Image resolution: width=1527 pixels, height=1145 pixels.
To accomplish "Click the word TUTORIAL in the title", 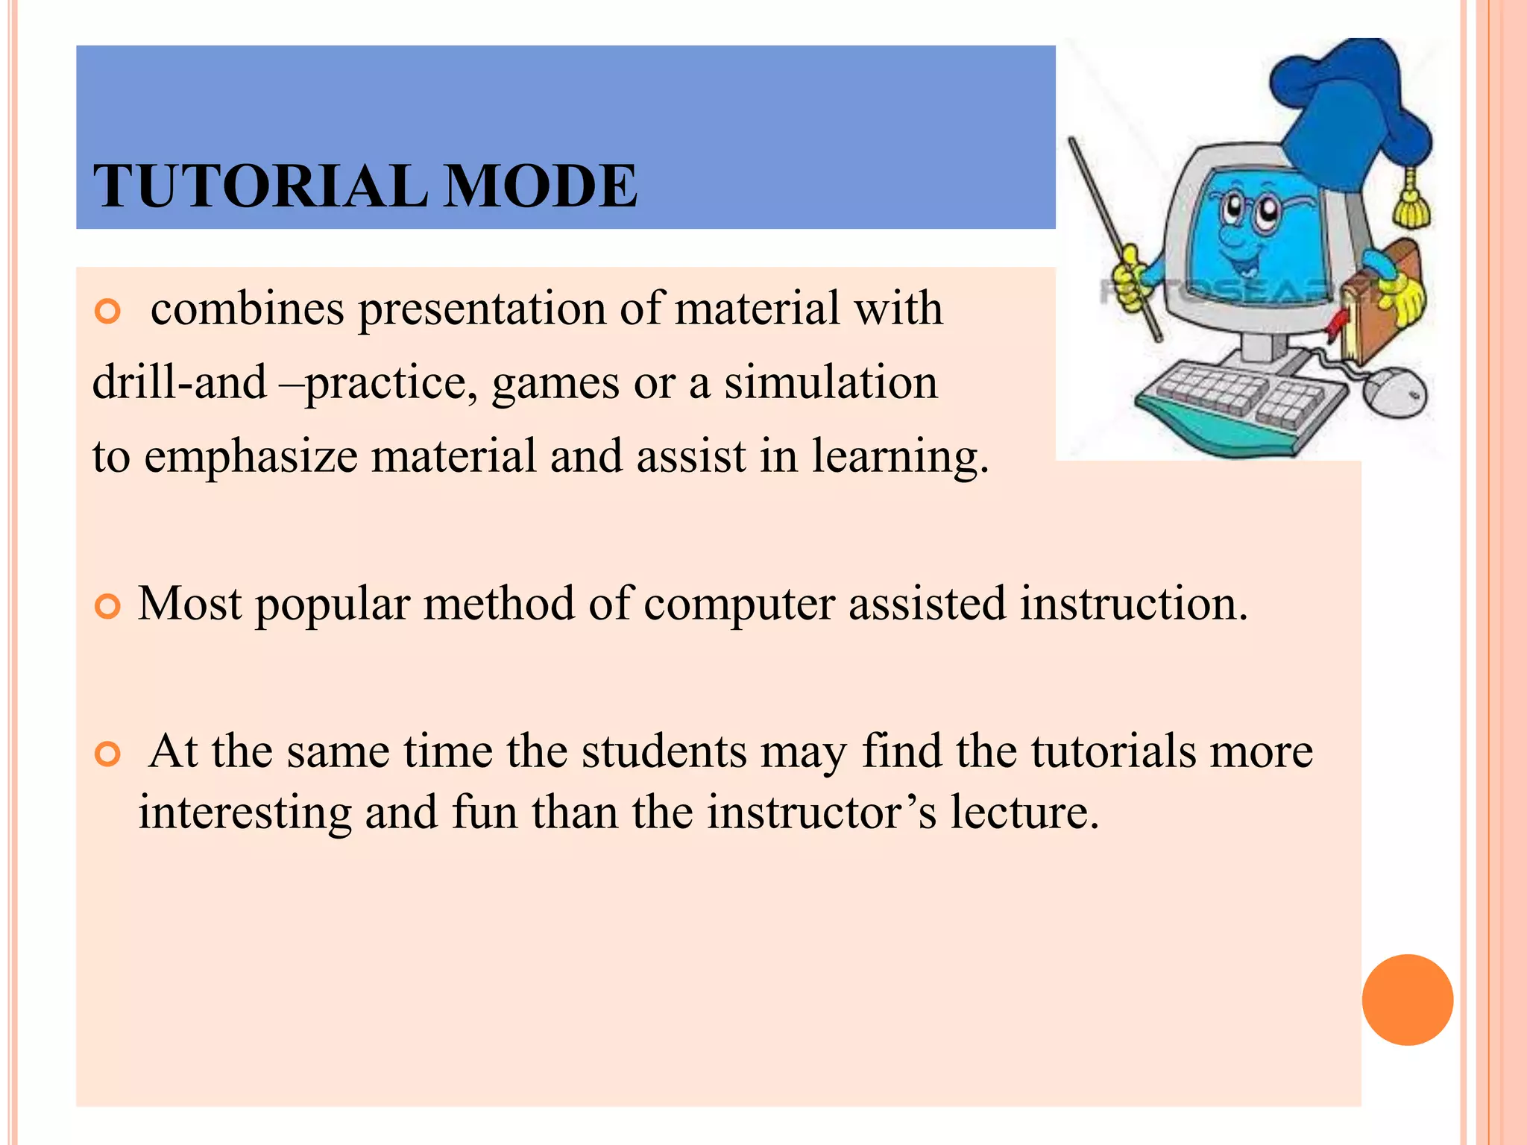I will pos(260,186).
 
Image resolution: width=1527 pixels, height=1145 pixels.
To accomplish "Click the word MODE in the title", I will pos(540,186).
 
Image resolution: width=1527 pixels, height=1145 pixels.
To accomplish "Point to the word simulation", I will pos(831,382).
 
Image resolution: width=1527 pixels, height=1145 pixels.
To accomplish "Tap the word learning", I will pos(900,457).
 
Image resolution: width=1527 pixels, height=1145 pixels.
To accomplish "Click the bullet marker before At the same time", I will pos(108,754).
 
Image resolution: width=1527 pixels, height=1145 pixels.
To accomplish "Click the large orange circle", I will pos(1407,1000).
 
